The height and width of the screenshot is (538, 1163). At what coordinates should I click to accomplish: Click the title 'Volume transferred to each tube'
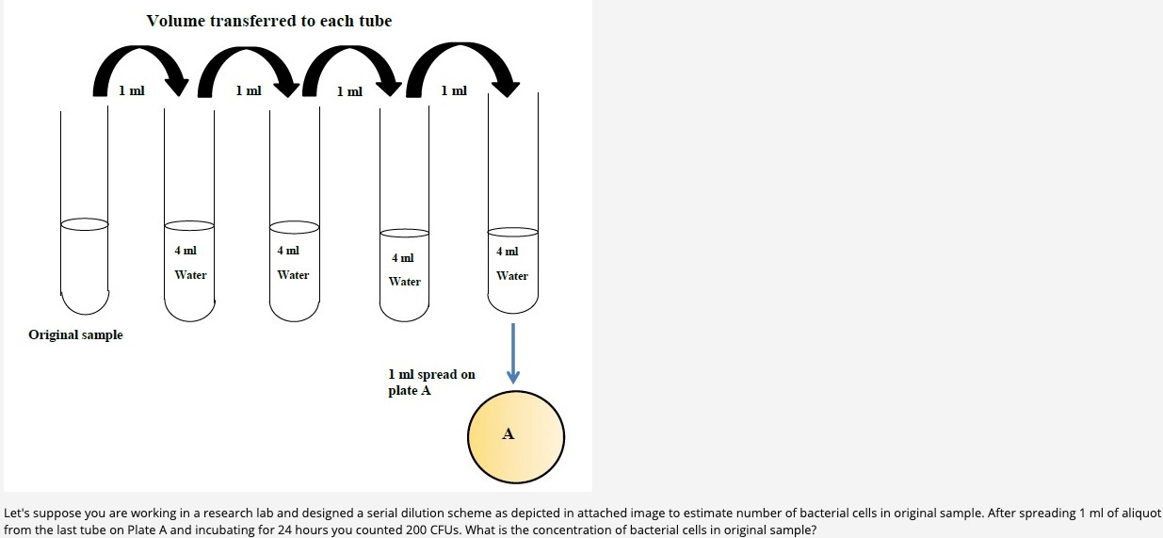click(268, 21)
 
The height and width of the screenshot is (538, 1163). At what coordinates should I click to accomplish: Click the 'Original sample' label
click(75, 334)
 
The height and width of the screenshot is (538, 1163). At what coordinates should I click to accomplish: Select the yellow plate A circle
click(516, 436)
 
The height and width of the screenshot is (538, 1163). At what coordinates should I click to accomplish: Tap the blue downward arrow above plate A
click(512, 353)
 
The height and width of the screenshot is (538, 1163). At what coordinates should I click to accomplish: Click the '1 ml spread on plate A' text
click(431, 382)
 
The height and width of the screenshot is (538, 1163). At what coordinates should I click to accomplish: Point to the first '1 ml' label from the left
click(132, 90)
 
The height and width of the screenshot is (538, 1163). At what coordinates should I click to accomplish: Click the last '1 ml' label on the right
click(453, 90)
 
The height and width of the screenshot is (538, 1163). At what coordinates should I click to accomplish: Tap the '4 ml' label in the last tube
click(508, 252)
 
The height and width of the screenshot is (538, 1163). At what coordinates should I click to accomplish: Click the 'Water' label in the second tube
click(190, 275)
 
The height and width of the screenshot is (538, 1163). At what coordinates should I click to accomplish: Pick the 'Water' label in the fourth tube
click(405, 282)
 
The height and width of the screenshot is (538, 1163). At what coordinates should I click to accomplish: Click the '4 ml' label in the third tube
click(288, 251)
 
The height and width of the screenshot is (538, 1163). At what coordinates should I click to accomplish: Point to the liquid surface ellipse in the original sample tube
click(84, 223)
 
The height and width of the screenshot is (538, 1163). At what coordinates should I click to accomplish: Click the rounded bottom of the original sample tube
click(85, 303)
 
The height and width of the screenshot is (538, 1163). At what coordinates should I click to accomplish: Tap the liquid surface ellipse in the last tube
click(513, 232)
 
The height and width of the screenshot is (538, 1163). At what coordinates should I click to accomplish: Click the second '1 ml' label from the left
click(249, 90)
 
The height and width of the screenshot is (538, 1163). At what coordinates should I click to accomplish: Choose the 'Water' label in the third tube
click(293, 275)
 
